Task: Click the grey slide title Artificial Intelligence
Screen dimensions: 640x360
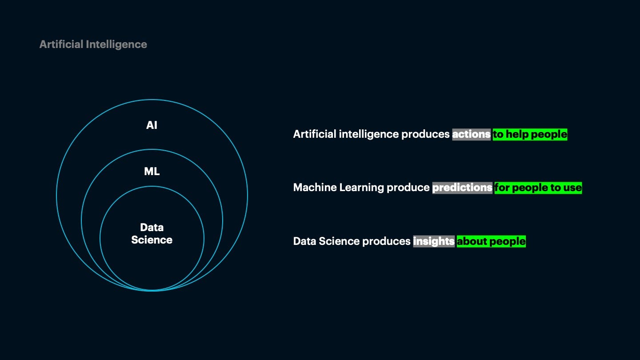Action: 93,44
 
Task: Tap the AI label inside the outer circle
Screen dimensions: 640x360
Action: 152,125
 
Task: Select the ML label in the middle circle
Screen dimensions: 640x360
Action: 152,172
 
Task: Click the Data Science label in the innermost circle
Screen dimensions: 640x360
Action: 152,234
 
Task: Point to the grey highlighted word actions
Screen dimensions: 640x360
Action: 471,134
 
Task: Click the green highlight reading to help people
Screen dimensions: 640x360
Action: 530,134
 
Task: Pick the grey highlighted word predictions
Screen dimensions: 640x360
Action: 462,188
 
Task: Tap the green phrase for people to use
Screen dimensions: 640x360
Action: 538,188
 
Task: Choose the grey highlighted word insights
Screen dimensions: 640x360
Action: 434,241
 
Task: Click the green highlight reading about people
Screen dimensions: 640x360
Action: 491,241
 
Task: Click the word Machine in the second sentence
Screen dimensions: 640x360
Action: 315,188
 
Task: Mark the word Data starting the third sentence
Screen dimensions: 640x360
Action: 304,241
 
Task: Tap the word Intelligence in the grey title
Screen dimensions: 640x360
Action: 116,45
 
